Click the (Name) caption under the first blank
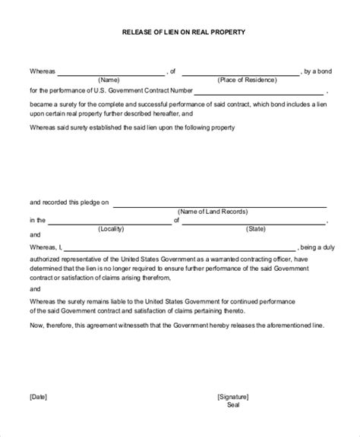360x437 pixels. [109, 79]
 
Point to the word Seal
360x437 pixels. [232, 404]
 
